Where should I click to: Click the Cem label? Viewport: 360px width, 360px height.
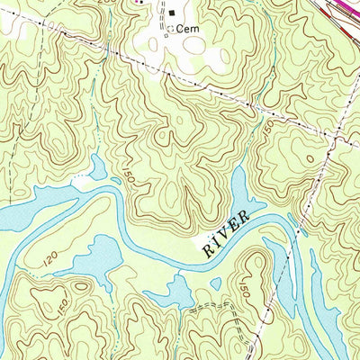click(187, 29)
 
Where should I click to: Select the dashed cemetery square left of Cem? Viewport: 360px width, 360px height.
click(170, 29)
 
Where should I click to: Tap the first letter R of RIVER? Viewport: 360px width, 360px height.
click(206, 250)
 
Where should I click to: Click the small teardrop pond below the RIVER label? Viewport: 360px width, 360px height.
click(215, 283)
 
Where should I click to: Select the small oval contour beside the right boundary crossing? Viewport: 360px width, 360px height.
click(311, 157)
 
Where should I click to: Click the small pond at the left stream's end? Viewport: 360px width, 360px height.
click(95, 166)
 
